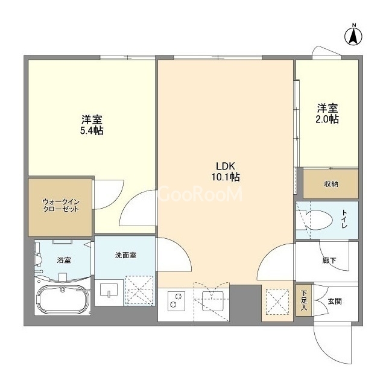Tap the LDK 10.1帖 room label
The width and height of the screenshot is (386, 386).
(226, 171)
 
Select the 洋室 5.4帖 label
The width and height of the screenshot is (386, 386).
(92, 125)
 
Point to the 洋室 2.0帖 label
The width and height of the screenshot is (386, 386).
(327, 113)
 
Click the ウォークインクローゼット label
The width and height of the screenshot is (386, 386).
(61, 206)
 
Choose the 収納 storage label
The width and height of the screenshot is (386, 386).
(331, 184)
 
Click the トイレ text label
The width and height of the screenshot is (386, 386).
(344, 219)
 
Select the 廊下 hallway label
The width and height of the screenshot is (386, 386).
(329, 260)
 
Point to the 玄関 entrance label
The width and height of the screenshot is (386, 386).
(335, 301)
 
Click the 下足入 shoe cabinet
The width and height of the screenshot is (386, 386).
(304, 300)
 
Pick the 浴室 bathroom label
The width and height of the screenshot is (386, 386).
(64, 260)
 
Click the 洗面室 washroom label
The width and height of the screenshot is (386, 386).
(125, 255)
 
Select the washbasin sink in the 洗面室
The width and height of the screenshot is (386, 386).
(109, 289)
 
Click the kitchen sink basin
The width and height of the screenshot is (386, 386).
(213, 302)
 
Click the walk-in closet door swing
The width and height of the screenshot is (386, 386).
(109, 195)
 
